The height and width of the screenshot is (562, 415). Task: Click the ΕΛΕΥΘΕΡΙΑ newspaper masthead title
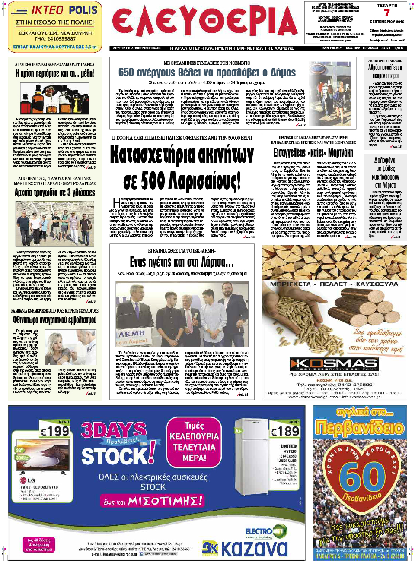click(x=205, y=22)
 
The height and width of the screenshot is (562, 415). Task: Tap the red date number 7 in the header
click(x=386, y=13)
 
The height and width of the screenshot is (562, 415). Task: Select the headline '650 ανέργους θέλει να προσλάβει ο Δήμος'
click(x=207, y=73)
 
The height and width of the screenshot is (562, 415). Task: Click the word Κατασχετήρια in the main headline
click(x=182, y=155)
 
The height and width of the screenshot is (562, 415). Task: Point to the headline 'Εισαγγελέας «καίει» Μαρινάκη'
click(x=313, y=153)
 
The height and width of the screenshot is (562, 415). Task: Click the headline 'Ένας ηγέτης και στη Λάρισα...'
click(x=182, y=262)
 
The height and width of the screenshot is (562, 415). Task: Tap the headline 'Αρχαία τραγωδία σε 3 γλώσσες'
click(x=55, y=193)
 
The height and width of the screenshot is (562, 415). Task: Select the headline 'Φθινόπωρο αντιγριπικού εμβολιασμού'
click(x=55, y=320)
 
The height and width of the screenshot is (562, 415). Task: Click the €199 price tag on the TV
click(x=55, y=431)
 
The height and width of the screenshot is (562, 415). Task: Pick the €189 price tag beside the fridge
click(x=284, y=431)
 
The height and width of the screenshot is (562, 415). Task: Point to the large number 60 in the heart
click(x=362, y=477)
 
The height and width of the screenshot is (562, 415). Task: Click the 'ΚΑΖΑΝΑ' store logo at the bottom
click(x=254, y=548)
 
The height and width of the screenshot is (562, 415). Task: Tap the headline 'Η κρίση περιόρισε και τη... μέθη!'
click(x=55, y=74)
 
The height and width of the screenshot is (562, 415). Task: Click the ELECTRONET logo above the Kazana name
click(x=264, y=531)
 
